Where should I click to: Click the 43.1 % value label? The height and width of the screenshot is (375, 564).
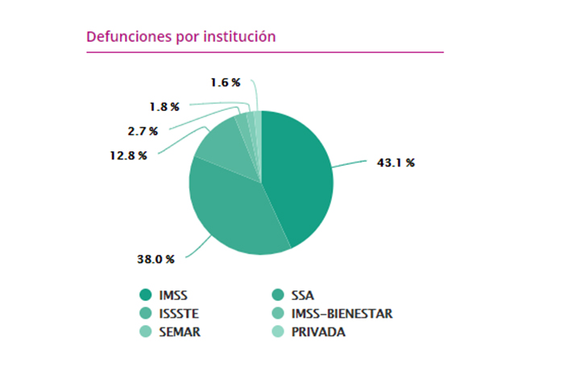coord(396,163)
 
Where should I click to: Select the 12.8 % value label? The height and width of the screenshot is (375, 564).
coord(130,155)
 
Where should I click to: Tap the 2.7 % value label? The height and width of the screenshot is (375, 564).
coord(141,130)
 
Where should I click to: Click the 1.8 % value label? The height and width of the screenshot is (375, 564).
coord(163,105)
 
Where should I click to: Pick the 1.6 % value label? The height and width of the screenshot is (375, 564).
coord(225,82)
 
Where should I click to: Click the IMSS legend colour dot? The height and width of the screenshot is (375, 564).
coord(146,295)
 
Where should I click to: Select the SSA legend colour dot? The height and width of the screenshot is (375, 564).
coord(279,295)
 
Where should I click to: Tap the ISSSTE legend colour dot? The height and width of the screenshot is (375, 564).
coord(146,313)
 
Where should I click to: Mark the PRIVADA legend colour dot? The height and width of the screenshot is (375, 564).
coord(279,332)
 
